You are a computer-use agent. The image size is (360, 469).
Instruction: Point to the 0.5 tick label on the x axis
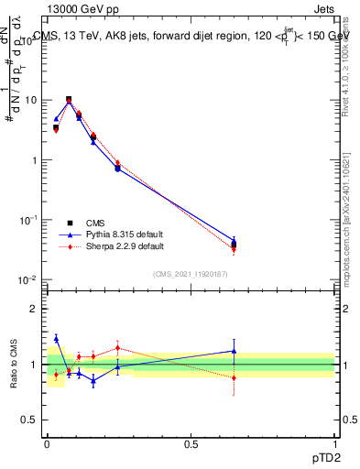191,443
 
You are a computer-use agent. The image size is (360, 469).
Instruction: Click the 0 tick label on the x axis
47,443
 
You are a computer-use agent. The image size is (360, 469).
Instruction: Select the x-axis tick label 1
334,443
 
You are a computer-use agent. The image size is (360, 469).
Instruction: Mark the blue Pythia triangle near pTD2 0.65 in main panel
234,242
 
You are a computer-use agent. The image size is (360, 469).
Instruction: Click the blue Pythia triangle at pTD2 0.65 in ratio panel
234,351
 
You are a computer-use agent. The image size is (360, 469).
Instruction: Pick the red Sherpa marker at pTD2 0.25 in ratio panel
117,347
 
